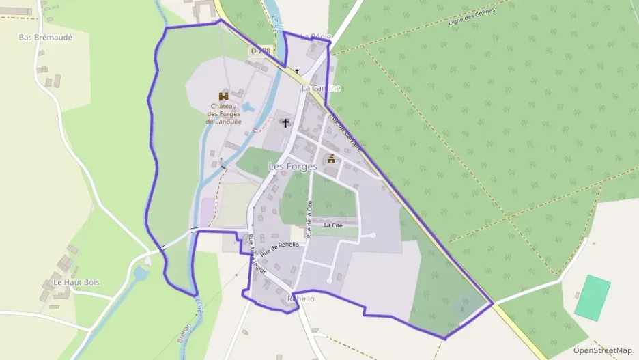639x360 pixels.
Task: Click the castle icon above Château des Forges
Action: tap(223, 96)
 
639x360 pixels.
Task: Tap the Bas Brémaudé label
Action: tap(46, 37)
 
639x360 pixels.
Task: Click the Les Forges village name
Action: tap(293, 166)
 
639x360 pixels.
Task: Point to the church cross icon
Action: tap(285, 123)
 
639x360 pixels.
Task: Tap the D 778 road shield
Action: tap(260, 51)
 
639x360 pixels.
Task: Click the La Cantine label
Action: tap(321, 88)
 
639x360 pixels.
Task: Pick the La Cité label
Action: tap(333, 225)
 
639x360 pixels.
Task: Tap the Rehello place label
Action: tap(301, 299)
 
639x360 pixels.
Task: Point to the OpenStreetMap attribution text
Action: tap(603, 350)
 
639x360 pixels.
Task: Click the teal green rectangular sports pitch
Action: tap(592, 298)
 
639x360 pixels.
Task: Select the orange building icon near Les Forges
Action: tap(332, 158)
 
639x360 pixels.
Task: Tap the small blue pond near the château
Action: tap(248, 107)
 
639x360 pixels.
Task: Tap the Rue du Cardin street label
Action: tap(345, 130)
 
